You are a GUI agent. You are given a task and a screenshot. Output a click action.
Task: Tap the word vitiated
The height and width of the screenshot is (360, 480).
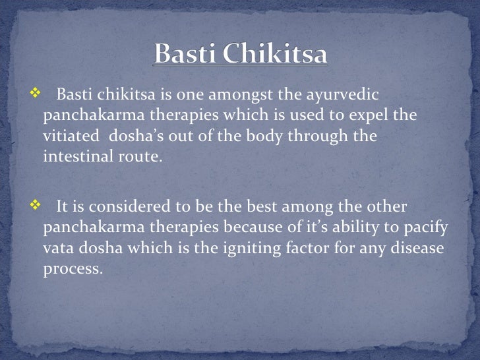[x=69, y=137]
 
